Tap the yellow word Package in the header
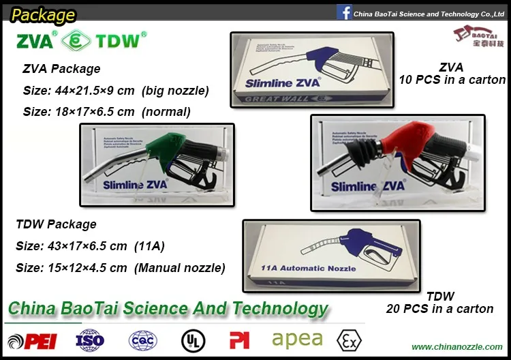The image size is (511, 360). pyautogui.click(x=43, y=14)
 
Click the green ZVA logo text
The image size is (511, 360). pyautogui.click(x=33, y=41)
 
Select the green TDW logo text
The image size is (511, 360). pyautogui.click(x=119, y=41)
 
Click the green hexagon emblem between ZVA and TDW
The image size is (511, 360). pyautogui.click(x=76, y=41)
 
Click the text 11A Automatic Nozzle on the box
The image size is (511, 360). pyautogui.click(x=309, y=268)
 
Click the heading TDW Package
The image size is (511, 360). pyautogui.click(x=56, y=224)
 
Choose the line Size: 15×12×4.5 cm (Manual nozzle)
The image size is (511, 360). pyautogui.click(x=120, y=268)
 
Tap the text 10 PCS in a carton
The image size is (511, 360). pyautogui.click(x=452, y=80)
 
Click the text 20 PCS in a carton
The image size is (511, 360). pyautogui.click(x=450, y=309)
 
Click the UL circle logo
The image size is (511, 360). pyautogui.click(x=193, y=340)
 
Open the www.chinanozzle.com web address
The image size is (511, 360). pyautogui.click(x=457, y=347)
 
